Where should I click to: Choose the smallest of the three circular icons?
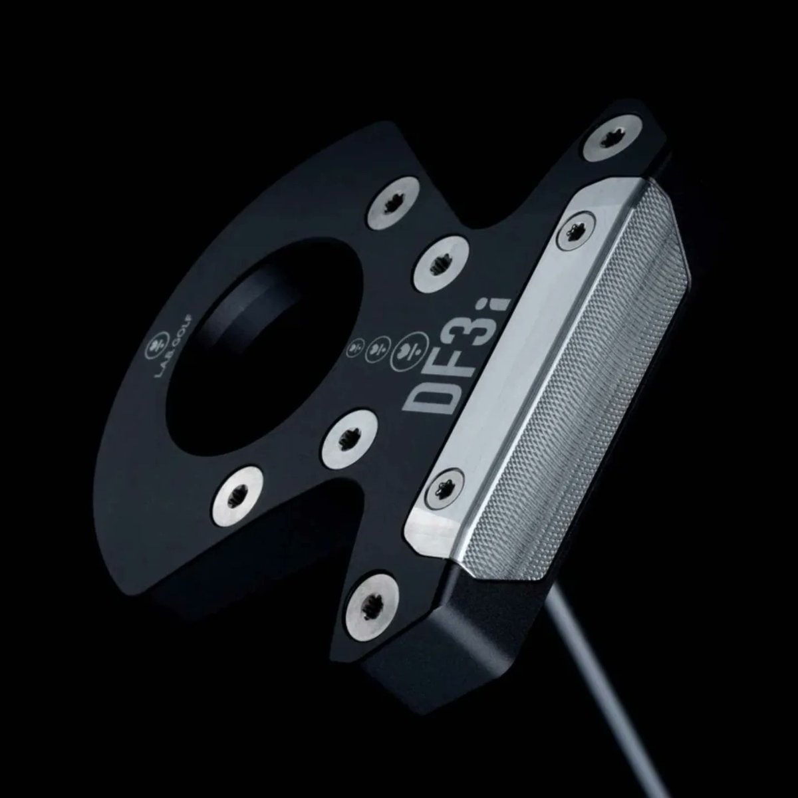(355, 346)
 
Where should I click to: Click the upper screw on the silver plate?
(575, 232)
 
